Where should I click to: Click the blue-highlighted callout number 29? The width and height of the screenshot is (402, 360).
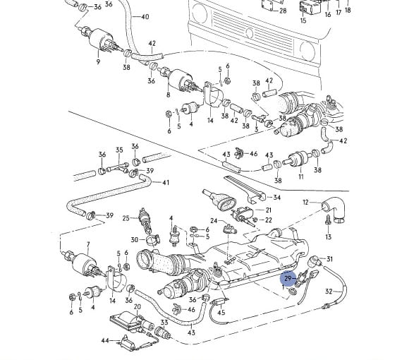pos(288,278)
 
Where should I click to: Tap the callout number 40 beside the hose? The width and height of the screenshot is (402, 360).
pos(145,17)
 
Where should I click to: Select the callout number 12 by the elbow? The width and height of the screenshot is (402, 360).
pos(305,202)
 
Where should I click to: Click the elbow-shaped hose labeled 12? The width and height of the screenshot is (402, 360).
pos(335,209)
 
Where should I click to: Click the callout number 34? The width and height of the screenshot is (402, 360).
pos(277,198)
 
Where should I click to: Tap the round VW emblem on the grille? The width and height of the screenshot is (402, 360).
pos(249,33)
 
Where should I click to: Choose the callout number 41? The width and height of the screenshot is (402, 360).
pos(166,182)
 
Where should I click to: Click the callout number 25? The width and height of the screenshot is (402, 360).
pos(126,218)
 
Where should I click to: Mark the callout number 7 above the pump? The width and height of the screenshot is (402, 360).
pos(88,244)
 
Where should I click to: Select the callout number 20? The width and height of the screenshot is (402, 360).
pos(138,306)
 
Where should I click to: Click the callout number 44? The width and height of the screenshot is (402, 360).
pos(105,340)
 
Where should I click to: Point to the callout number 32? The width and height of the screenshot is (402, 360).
pos(329,292)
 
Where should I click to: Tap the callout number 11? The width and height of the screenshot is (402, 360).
pos(301,176)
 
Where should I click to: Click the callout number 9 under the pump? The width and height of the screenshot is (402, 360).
pos(98,62)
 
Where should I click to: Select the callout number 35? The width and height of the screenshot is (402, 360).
pos(119,150)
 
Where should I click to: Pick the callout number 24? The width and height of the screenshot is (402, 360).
pos(214,221)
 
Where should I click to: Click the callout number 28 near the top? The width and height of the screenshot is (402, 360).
pos(283,11)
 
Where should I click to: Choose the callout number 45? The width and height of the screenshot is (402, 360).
pos(221,312)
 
